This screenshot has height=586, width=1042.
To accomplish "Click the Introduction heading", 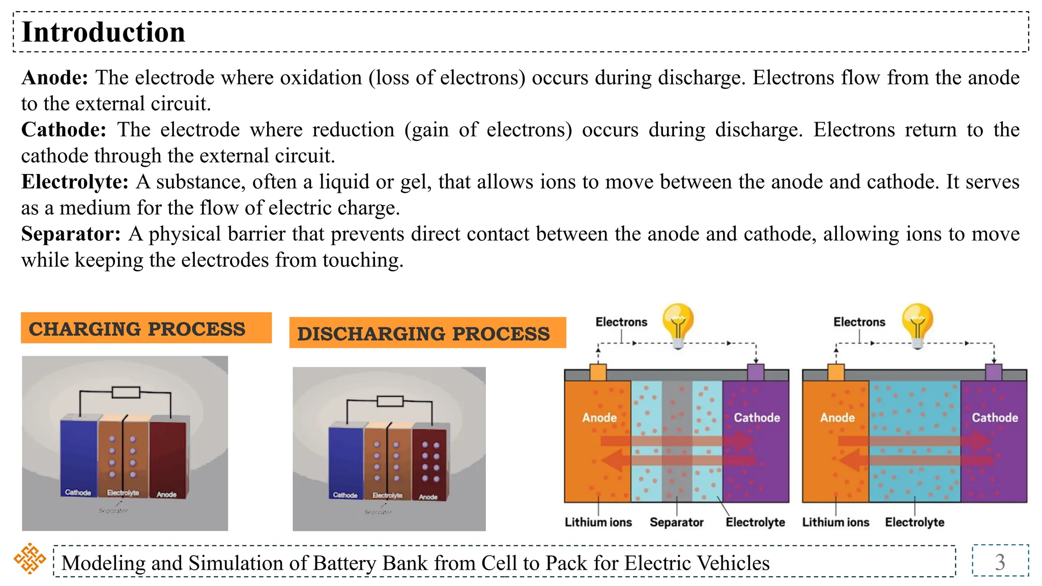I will point(103,32).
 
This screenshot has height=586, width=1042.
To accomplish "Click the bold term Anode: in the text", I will point(55,78).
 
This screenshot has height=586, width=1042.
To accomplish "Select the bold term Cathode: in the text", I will point(64,130).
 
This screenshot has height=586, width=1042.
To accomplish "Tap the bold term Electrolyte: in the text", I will point(75,182).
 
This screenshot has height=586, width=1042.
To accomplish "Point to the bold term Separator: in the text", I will point(71,234).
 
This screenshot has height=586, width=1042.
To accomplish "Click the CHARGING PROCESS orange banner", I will point(146,328).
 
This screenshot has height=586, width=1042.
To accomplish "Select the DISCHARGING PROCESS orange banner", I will point(427,333).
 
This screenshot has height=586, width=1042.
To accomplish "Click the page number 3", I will point(1000,562).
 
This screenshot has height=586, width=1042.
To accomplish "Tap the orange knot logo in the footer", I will point(30,559).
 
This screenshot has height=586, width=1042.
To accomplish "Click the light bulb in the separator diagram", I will point(678,325).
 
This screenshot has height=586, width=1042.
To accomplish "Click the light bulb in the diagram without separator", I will point(917,325).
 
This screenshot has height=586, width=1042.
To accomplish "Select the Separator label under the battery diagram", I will point(676,522).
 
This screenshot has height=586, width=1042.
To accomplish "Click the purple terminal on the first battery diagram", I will point(756,372).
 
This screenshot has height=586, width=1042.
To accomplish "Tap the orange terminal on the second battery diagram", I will point(835,372).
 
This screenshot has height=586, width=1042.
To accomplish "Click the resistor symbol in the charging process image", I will point(126,392).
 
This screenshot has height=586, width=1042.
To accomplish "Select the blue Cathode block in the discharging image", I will point(346,460).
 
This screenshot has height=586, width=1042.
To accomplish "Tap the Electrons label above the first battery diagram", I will point(621,322).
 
